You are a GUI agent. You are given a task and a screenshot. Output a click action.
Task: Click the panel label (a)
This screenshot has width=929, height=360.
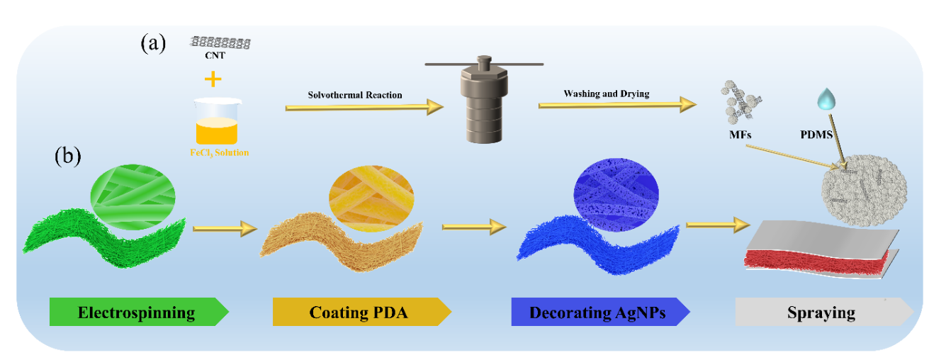tap(153, 44)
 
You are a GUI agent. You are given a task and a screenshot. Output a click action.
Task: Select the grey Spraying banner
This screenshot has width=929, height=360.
tap(822, 312)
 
